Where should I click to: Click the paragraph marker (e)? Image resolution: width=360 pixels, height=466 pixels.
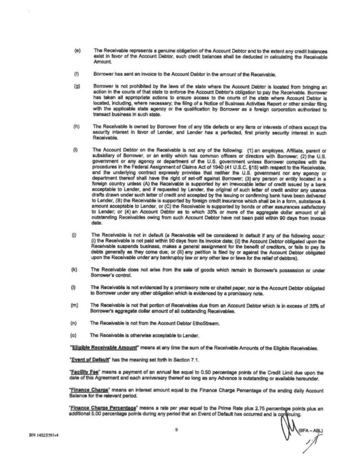pos(78,50)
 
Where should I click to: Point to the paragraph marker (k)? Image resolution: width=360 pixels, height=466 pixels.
pos(78,269)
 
